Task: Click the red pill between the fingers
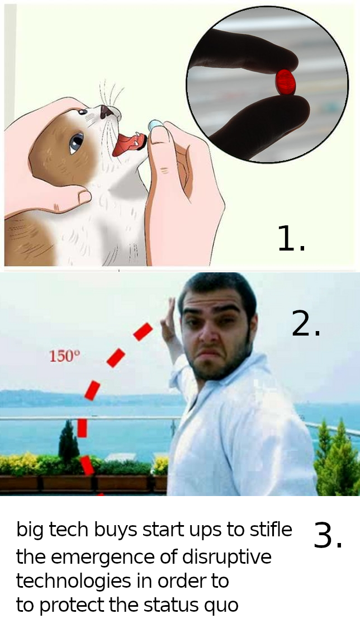pyautogui.click(x=286, y=82)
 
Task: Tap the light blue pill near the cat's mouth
pyautogui.click(x=155, y=125)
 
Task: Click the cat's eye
pyautogui.click(x=77, y=141)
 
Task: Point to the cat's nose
pyautogui.click(x=107, y=111)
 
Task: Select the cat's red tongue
pyautogui.click(x=127, y=144)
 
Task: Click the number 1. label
pyautogui.click(x=291, y=238)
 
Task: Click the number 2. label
pyautogui.click(x=306, y=323)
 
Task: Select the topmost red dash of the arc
pyautogui.click(x=143, y=331)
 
